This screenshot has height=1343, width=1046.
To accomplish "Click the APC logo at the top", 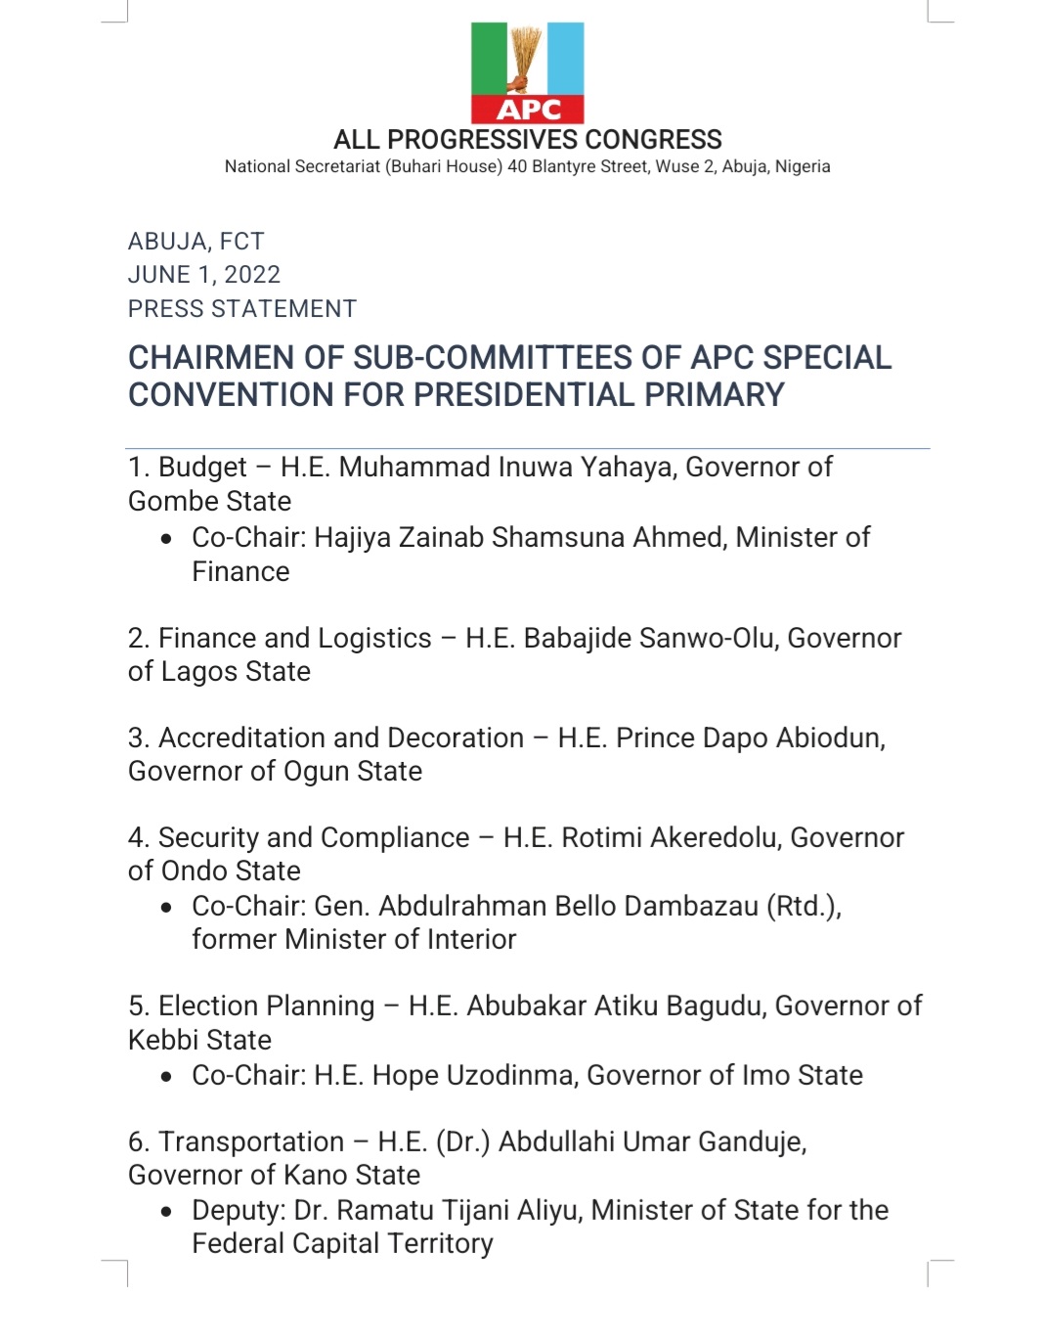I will point(527,73).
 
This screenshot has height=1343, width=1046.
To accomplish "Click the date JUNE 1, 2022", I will point(204,275).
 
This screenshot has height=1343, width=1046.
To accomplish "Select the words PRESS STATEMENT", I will point(242,309).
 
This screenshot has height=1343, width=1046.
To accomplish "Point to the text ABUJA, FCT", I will point(196,242).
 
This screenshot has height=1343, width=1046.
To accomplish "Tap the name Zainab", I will point(438,538).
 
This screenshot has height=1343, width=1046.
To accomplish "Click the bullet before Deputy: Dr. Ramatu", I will point(168,1212).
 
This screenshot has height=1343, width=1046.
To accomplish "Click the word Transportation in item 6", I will point(251,1142).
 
